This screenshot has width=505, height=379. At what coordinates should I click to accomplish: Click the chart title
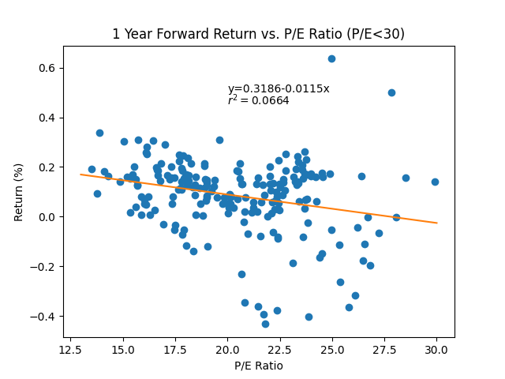tap(258, 34)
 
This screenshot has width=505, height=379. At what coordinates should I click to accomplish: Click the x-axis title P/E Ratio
tap(258, 366)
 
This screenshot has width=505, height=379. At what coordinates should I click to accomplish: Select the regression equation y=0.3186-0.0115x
tap(279, 88)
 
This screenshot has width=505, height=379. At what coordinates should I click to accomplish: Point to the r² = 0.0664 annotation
tap(258, 100)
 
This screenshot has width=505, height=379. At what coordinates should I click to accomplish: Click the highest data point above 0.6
tap(331, 58)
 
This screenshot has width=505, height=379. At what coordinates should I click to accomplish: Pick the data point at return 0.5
tap(391, 92)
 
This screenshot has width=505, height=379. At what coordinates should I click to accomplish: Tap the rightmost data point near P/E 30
tap(435, 182)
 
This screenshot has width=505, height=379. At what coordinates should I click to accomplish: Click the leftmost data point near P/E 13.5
tap(92, 169)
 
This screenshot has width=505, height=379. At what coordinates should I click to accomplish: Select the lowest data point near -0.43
tap(265, 324)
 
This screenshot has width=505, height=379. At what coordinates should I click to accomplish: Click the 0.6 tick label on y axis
tap(48, 68)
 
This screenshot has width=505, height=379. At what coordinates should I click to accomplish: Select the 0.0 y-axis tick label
tap(48, 217)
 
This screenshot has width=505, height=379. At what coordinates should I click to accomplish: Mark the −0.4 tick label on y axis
tap(45, 317)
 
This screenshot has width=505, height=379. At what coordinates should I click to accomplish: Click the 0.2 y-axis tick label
tap(48, 167)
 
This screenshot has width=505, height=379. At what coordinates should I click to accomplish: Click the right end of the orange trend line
tap(436, 223)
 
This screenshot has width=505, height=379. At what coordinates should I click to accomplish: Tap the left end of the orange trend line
tap(80, 174)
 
